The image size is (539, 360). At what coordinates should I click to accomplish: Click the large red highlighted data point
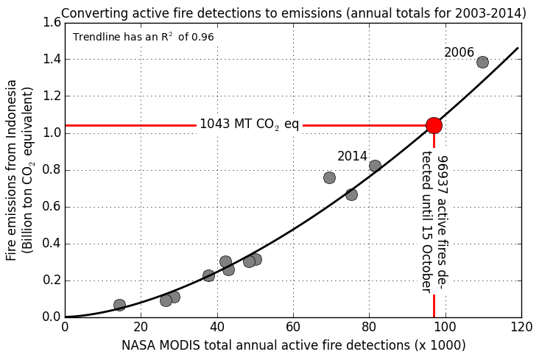point(434,125)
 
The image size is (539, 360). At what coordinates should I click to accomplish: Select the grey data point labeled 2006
point(482,62)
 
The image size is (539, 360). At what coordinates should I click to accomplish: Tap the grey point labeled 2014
point(375,166)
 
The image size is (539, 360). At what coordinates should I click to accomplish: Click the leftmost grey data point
point(119,305)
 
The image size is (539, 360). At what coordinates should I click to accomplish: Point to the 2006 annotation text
point(459,53)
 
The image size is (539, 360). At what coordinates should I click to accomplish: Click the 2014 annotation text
point(352,157)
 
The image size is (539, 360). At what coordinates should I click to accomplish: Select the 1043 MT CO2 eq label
point(249,124)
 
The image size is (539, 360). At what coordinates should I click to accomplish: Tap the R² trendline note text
point(143,37)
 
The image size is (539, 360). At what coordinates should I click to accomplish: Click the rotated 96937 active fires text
point(434,221)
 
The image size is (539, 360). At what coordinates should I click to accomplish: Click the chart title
point(293,13)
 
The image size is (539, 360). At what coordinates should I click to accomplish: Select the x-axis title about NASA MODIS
point(293,345)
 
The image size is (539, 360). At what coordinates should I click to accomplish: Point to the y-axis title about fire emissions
point(19,173)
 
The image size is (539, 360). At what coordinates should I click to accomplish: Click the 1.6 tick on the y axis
point(52,23)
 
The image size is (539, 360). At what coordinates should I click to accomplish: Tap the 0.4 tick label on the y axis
point(52,244)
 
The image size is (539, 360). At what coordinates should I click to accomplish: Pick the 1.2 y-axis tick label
point(52,96)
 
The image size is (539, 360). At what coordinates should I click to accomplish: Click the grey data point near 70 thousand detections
point(329,177)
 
